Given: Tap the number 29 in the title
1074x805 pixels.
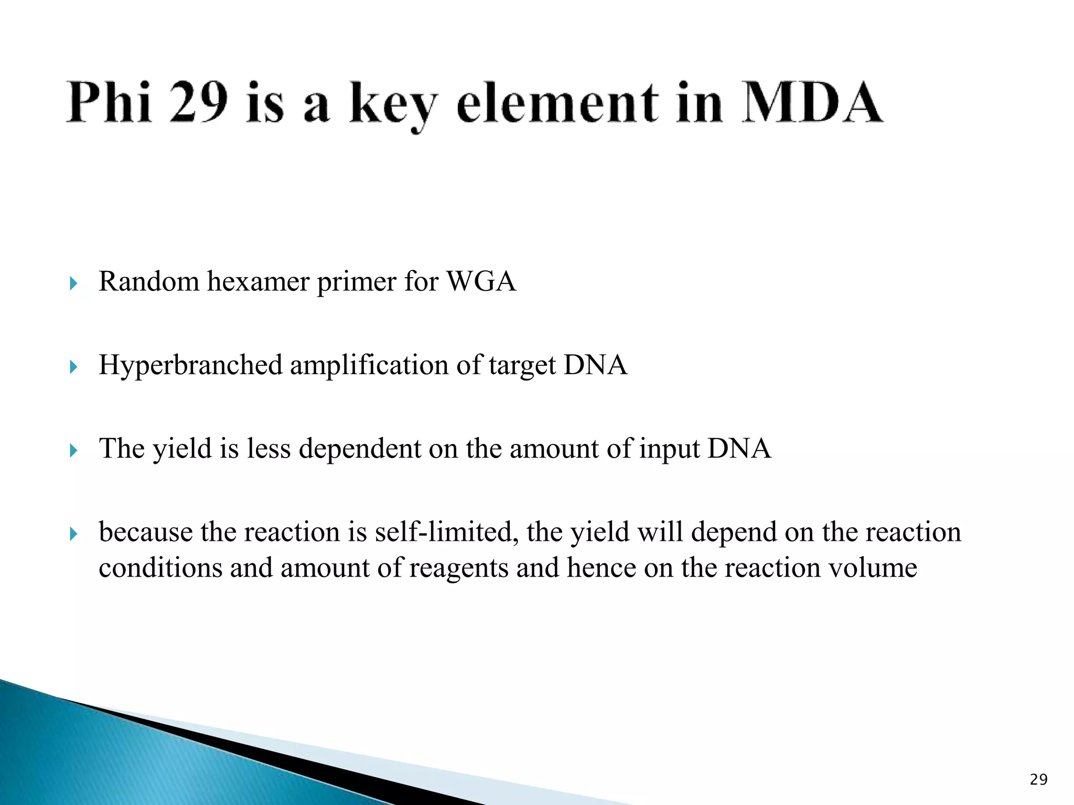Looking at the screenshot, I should (199, 102).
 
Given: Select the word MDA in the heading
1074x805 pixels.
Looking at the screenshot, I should (812, 102).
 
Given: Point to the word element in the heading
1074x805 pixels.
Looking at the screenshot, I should (557, 102).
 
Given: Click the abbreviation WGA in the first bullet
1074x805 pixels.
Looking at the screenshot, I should (481, 281).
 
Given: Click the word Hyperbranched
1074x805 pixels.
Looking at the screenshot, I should (190, 365).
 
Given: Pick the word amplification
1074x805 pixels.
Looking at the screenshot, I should (369, 365).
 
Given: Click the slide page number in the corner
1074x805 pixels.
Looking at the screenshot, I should (1038, 780).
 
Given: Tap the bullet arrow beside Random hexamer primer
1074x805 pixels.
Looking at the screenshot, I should (73, 284).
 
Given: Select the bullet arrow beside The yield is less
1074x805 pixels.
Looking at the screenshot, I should (73, 450).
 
